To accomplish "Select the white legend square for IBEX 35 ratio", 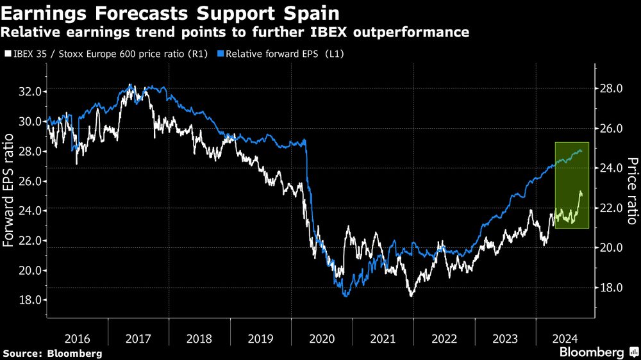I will click(x=7, y=54).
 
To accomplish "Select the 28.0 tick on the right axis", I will click(x=611, y=88).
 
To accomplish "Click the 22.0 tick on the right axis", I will click(x=611, y=208).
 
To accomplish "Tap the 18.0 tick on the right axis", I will click(x=611, y=288).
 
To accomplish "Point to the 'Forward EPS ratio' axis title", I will click(x=9, y=190).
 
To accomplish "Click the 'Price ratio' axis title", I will click(x=632, y=191).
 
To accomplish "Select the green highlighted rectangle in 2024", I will click(x=572, y=185).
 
